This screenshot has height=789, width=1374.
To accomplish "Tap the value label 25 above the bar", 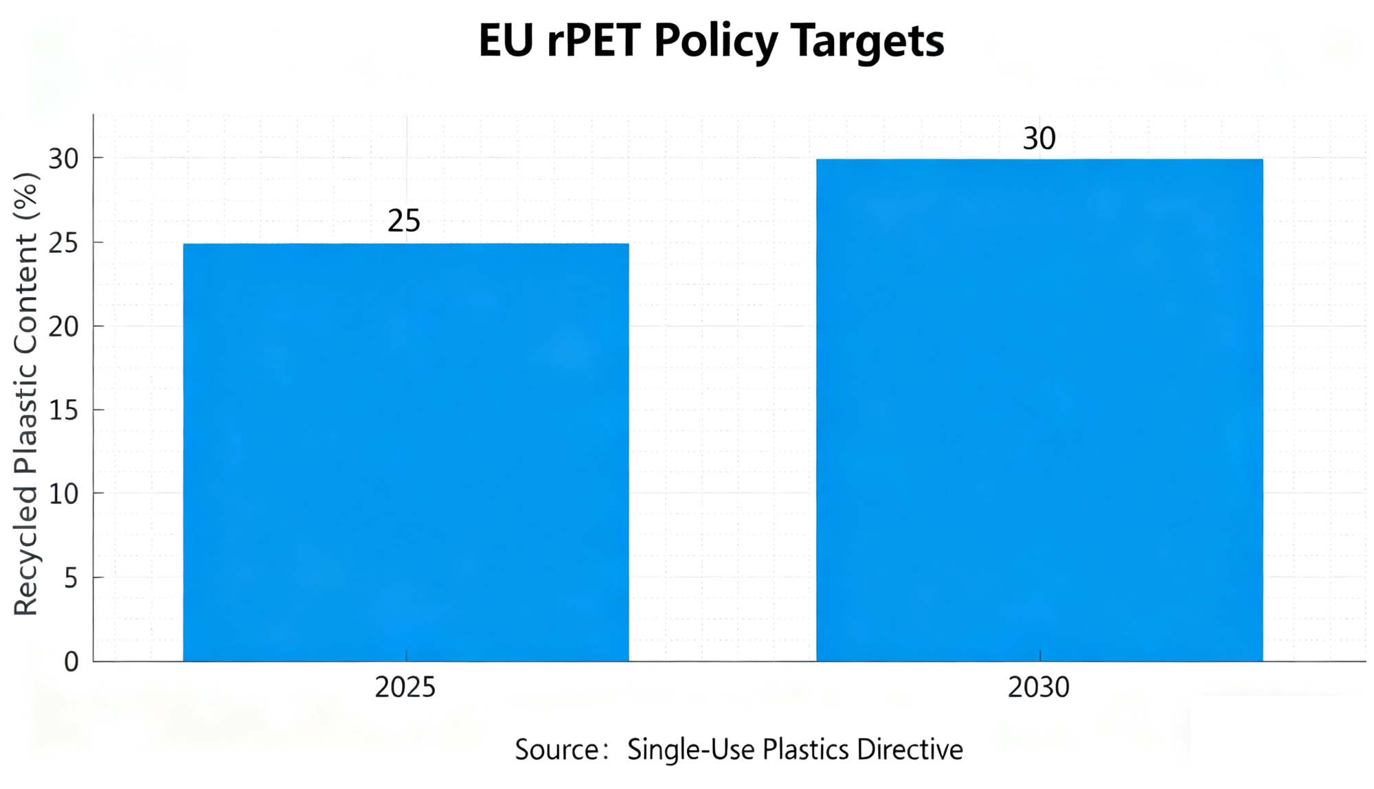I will pyautogui.click(x=404, y=221).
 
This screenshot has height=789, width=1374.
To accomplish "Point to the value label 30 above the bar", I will pyautogui.click(x=1039, y=139).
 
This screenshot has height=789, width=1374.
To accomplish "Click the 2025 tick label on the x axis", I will pyautogui.click(x=405, y=687).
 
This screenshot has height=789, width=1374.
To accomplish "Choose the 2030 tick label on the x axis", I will pyautogui.click(x=1039, y=687).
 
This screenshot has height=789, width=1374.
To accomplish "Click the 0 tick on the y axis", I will pyautogui.click(x=71, y=662).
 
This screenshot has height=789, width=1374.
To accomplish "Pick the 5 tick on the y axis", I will pyautogui.click(x=71, y=578).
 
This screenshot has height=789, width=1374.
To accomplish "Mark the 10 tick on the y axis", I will pyautogui.click(x=64, y=494).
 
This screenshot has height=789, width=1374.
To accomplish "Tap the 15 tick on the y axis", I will pyautogui.click(x=64, y=410).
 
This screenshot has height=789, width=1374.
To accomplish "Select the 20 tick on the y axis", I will pyautogui.click(x=64, y=326).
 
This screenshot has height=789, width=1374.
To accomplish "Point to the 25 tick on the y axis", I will pyautogui.click(x=64, y=242).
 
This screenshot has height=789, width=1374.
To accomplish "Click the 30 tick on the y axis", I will pyautogui.click(x=64, y=159).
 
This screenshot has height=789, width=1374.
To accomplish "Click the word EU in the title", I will pyautogui.click(x=506, y=41).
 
